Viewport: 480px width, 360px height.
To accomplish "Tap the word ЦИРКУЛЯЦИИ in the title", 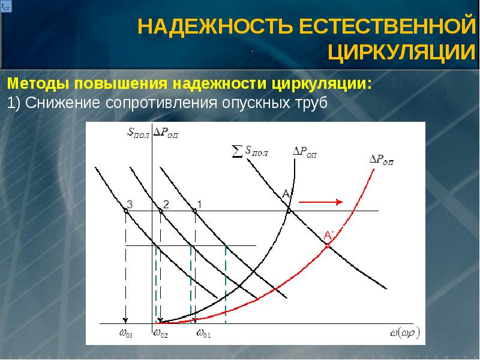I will [402, 52].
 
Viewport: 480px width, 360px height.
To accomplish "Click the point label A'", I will [329, 236].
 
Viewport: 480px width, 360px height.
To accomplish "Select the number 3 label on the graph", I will [129, 205].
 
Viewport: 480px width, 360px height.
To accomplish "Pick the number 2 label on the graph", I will [165, 205].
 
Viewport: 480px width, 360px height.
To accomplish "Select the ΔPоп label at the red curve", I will [381, 160].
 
